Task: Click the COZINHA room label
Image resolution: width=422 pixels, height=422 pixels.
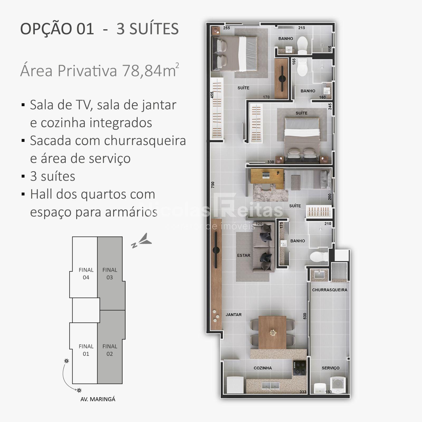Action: pyautogui.click(x=263, y=368)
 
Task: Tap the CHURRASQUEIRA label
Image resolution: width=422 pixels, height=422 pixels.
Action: pyautogui.click(x=330, y=290)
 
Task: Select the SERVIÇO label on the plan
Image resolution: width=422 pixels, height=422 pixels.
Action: pyautogui.click(x=330, y=368)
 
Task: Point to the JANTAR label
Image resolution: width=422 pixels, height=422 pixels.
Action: pyautogui.click(x=233, y=315)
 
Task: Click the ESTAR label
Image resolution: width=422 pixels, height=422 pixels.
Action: pyautogui.click(x=244, y=255)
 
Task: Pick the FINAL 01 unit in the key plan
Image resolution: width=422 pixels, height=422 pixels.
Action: pyautogui.click(x=86, y=350)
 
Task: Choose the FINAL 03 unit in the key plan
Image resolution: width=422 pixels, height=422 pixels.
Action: pyautogui.click(x=110, y=274)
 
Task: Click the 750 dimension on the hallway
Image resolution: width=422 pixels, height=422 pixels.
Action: pyautogui.click(x=213, y=185)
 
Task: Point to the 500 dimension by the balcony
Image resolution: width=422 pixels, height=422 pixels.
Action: pyautogui.click(x=305, y=316)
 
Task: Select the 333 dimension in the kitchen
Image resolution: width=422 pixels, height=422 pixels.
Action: pyautogui.click(x=303, y=392)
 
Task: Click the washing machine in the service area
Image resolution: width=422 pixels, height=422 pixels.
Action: pyautogui.click(x=338, y=385)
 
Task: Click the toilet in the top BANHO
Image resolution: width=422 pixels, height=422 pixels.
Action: pyautogui.click(x=302, y=45)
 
